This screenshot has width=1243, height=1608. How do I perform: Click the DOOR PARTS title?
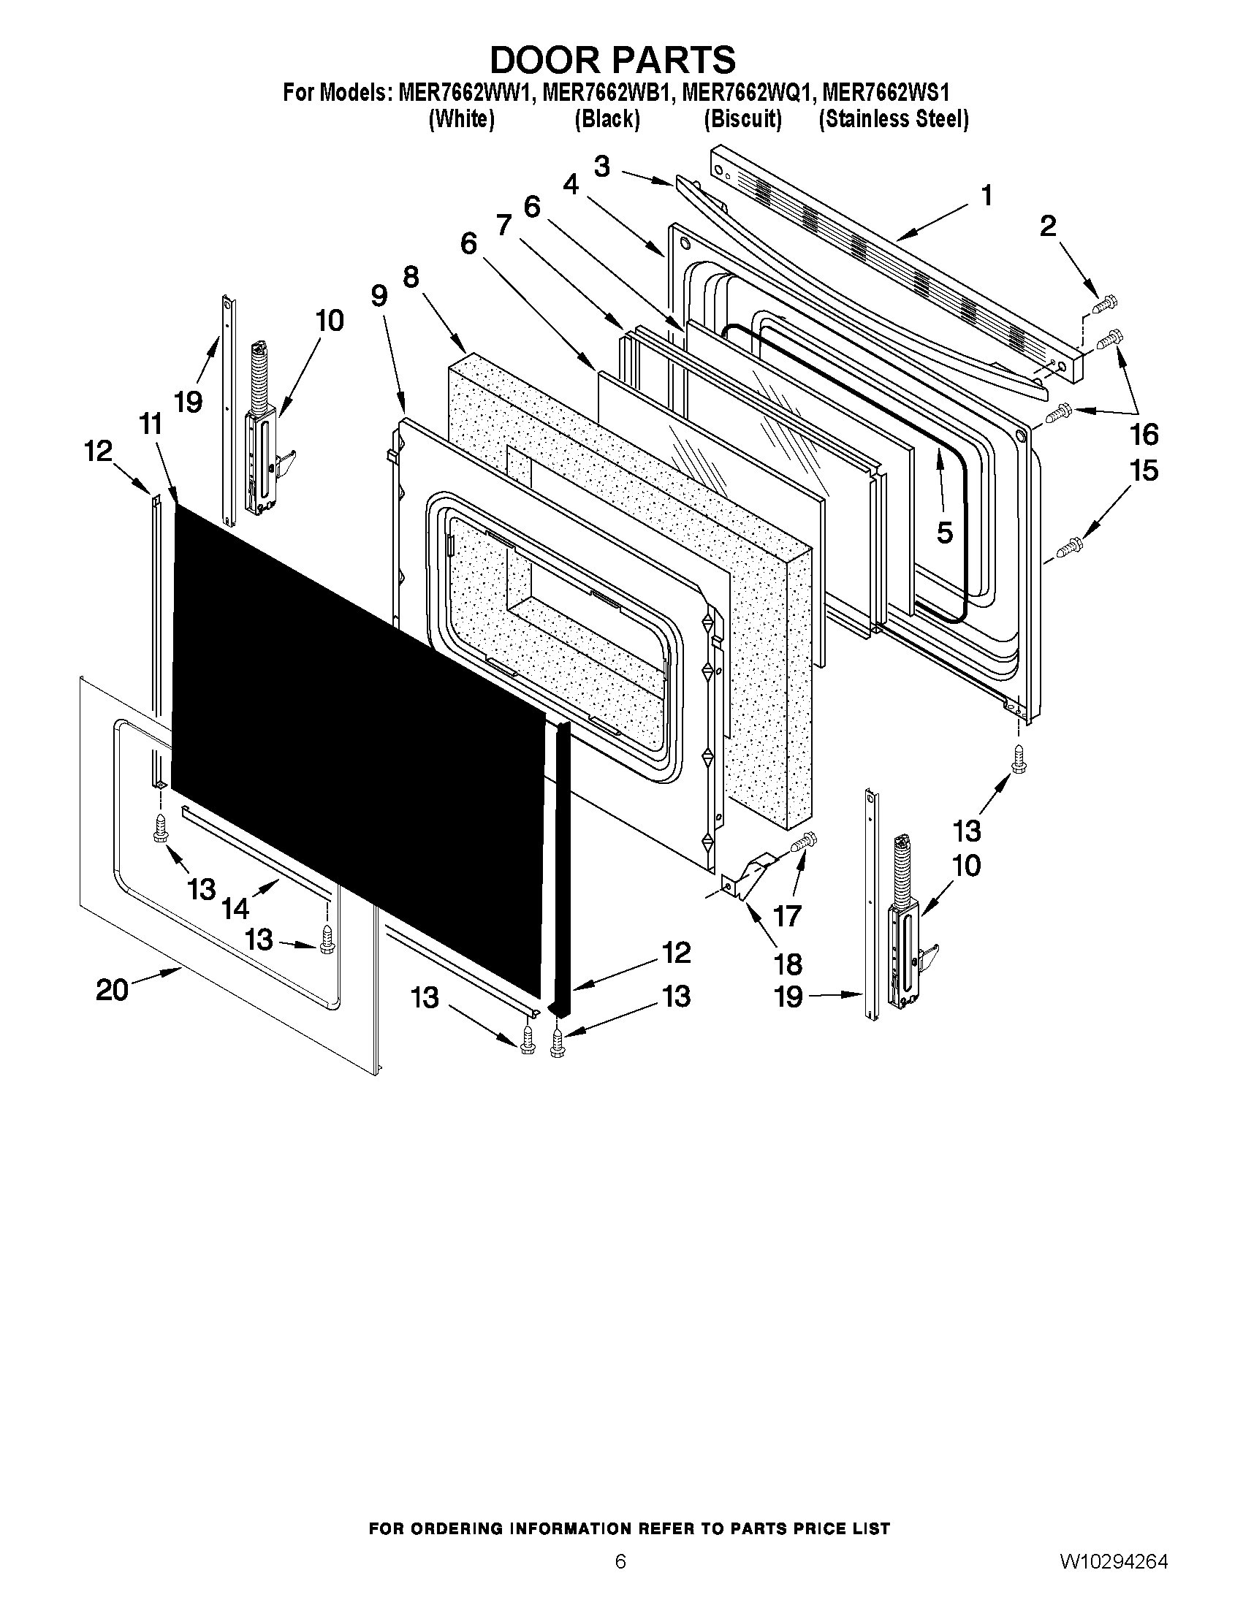point(612,60)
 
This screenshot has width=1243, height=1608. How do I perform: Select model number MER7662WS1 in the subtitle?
point(885,93)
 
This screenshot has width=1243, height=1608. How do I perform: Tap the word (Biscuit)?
point(742,118)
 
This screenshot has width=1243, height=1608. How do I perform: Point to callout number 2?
point(1047,226)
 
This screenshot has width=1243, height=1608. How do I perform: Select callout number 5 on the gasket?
point(945,532)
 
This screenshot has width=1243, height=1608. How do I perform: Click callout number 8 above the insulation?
point(411,278)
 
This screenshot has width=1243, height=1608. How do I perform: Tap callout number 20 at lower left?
point(112,990)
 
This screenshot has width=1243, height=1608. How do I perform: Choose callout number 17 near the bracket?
point(787,916)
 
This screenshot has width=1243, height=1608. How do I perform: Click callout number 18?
point(788,964)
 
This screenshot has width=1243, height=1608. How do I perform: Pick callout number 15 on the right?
point(1144,470)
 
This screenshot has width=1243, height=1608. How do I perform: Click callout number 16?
point(1144,435)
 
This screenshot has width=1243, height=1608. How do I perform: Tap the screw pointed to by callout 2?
point(1106,302)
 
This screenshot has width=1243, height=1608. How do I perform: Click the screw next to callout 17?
point(805,842)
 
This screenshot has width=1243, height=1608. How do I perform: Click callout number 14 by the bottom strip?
point(235,909)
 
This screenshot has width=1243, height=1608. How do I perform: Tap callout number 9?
point(379,296)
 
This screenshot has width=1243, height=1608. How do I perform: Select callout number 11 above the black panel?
point(151,424)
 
